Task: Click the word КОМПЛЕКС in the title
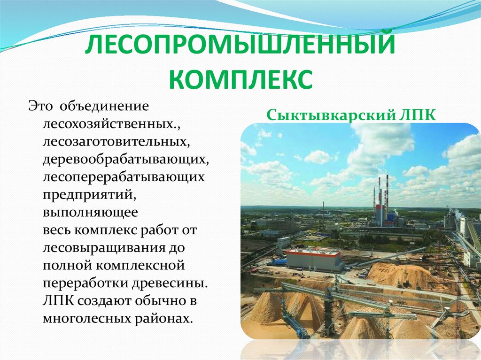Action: click(240, 79)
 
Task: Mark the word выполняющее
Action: click(91, 213)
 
